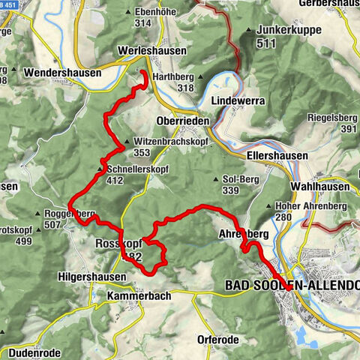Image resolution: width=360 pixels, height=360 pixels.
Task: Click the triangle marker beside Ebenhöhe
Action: pos(130,13)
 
